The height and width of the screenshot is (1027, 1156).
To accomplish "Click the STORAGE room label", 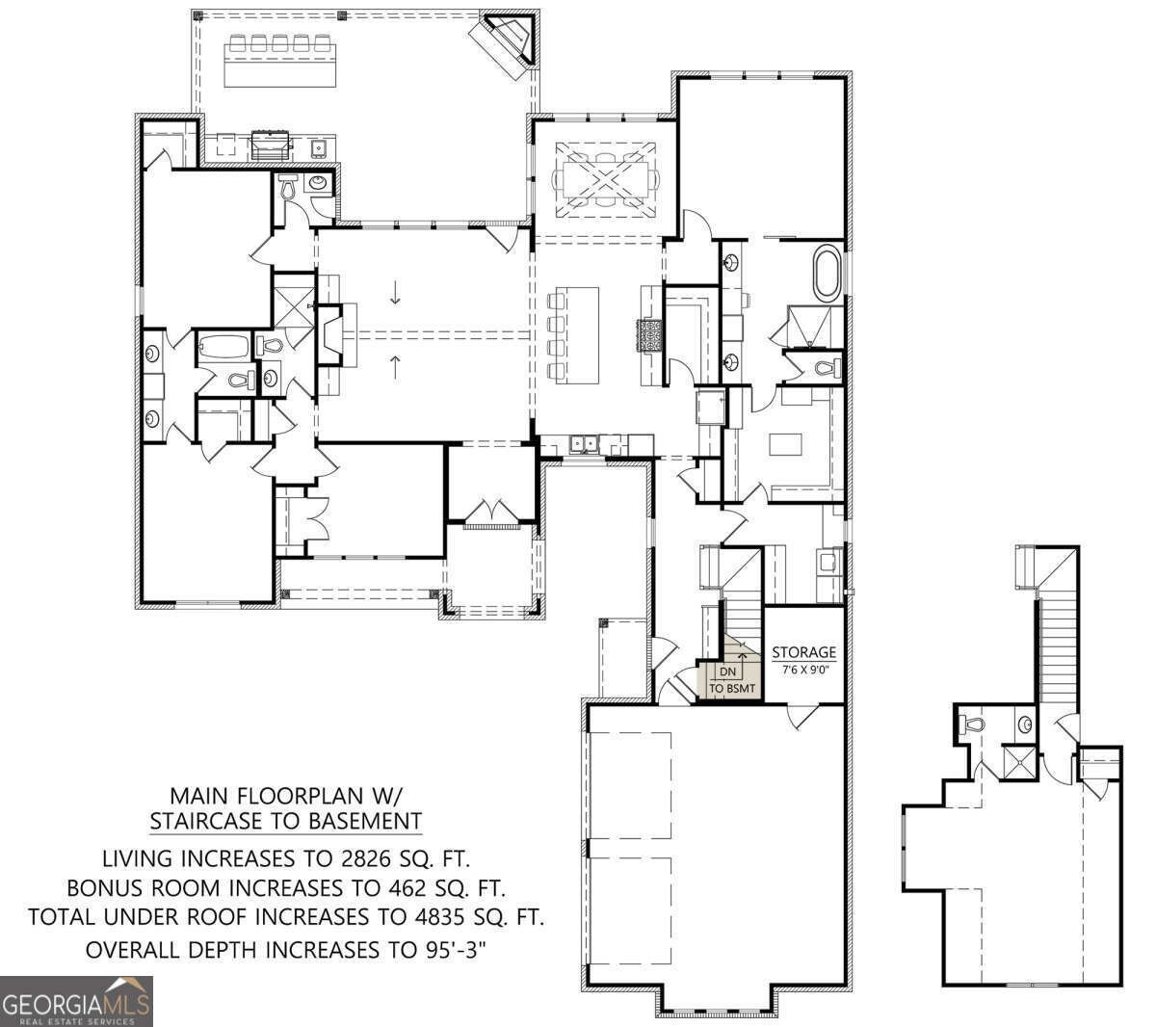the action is (804, 652).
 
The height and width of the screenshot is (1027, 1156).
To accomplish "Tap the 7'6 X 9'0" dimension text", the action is (804, 670).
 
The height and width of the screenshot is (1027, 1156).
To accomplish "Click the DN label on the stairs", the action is (727, 672).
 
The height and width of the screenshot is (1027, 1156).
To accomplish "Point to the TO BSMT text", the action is (732, 689).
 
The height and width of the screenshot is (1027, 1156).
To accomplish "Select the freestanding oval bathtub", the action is (828, 274).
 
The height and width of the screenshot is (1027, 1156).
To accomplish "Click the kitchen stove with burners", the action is (648, 335).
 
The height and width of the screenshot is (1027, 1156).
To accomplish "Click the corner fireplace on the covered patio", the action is (507, 41).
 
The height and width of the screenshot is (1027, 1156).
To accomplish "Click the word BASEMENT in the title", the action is (365, 821).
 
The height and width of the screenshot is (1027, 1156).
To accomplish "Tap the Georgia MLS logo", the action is (76, 1001).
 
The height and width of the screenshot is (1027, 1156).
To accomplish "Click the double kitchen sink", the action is (584, 443).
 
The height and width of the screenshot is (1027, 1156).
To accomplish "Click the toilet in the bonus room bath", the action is (973, 724).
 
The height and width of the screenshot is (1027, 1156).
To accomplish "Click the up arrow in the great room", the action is (395, 366).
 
